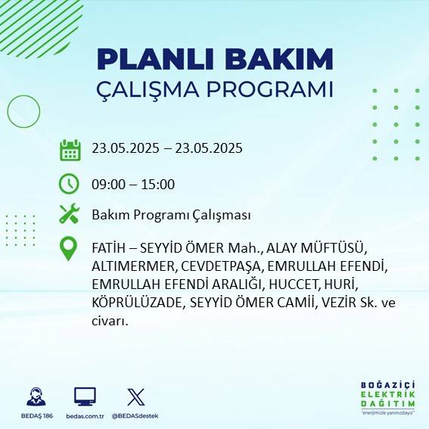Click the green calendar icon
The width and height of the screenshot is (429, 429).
[x=70, y=149]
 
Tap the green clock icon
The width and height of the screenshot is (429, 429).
[x=70, y=184]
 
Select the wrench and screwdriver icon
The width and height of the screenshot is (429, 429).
[x=70, y=215]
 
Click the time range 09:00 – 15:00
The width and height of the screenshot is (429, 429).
[x=133, y=184]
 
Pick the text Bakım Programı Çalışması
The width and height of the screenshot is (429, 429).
[x=171, y=215]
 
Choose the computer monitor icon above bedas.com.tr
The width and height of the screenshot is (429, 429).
[x=85, y=396]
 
